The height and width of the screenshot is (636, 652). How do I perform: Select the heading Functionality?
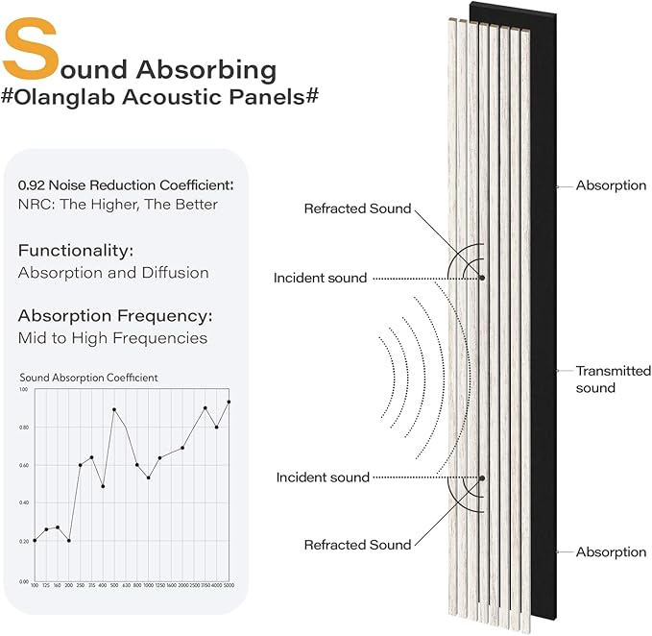pos(75,251)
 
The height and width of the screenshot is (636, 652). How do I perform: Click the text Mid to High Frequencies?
pos(112,338)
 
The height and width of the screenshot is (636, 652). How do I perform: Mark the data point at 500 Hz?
pos(114,409)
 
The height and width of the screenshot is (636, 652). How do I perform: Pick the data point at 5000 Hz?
pos(229,402)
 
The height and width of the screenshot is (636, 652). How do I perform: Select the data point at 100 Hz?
pos(35,540)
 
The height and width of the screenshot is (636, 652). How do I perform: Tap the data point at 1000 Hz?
pos(148,477)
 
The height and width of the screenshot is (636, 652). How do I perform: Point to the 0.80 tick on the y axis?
pos(24,428)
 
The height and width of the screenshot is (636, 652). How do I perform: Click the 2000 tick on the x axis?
pos(182,585)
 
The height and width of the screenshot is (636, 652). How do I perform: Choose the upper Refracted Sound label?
pos(357,208)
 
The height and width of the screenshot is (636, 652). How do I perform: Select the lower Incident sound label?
pos(322,477)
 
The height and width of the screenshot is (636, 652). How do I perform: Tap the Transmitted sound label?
pos(613,379)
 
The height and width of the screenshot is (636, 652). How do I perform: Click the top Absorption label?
pos(611,185)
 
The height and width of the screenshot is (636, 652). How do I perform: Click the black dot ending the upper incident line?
pos(482,278)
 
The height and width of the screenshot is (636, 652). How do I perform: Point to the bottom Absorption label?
pos(611,552)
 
